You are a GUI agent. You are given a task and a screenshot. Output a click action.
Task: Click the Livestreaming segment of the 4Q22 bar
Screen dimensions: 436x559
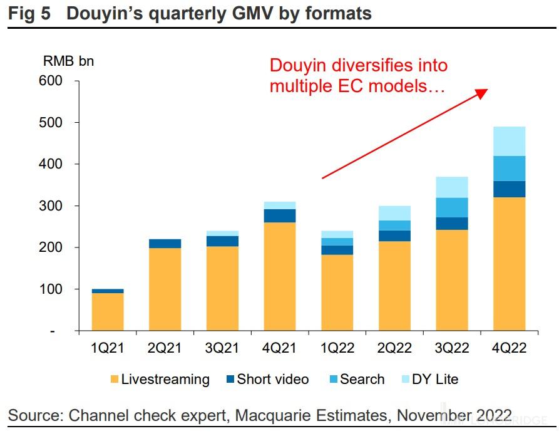(x=509, y=264)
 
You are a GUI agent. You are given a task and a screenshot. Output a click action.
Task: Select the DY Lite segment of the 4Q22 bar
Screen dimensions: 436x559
(x=509, y=141)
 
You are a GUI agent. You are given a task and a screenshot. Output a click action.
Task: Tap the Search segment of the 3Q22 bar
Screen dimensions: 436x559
(x=452, y=207)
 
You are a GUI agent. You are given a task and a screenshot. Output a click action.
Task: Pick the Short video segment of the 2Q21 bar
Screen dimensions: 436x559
(x=165, y=244)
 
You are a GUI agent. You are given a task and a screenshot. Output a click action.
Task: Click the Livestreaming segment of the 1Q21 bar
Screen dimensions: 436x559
(x=108, y=311)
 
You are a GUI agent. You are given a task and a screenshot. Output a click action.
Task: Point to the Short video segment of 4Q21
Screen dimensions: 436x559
(x=280, y=215)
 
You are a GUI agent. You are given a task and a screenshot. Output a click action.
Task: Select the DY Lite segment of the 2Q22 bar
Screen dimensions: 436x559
(x=394, y=213)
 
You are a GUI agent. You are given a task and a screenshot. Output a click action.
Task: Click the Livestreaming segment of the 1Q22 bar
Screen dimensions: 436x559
(x=337, y=293)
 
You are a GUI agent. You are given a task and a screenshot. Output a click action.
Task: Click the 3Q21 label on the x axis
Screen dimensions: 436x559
(x=222, y=348)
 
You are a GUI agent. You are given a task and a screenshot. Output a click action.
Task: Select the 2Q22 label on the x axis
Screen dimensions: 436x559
(x=394, y=348)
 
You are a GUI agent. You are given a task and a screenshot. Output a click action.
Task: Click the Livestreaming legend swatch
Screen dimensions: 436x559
(x=114, y=379)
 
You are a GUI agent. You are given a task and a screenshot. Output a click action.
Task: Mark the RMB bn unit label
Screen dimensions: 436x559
(x=68, y=61)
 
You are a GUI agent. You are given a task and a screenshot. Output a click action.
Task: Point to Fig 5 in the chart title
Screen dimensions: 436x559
(x=30, y=14)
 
